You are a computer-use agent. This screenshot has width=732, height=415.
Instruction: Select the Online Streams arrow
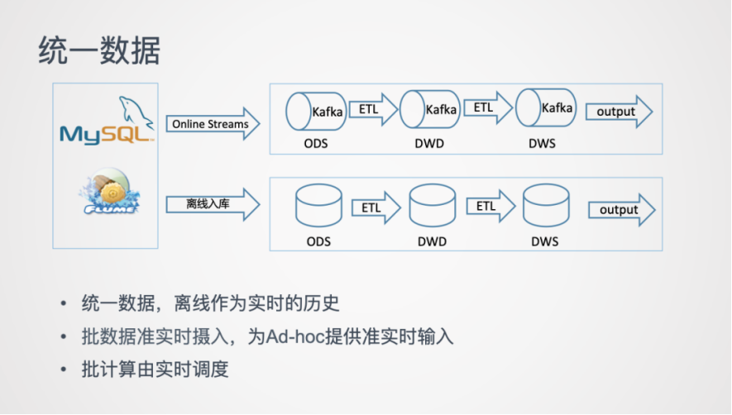212,124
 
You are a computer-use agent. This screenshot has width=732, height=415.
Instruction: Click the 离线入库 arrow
212,203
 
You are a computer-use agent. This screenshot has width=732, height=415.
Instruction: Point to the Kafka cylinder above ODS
315,112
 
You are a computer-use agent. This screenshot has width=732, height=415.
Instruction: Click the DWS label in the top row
542,144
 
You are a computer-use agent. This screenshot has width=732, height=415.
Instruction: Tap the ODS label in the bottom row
318,241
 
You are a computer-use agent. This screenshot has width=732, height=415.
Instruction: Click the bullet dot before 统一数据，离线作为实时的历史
64,304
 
